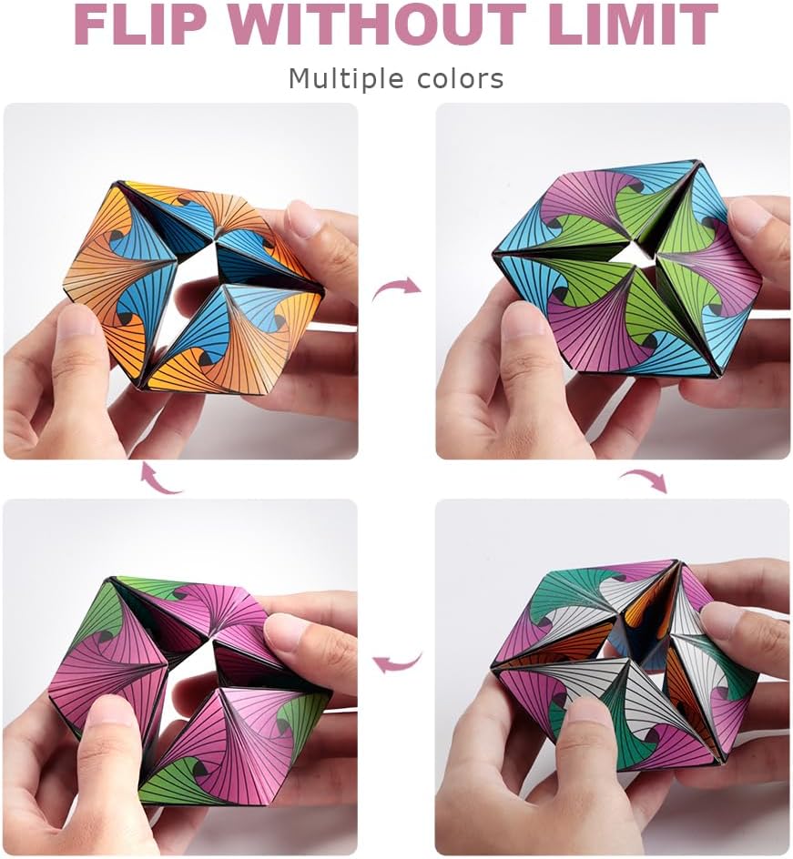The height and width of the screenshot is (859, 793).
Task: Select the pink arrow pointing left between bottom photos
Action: tap(398, 662)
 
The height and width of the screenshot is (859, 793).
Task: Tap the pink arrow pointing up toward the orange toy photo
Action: tap(161, 479)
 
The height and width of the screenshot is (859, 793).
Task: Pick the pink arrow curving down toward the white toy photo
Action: tap(643, 479)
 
